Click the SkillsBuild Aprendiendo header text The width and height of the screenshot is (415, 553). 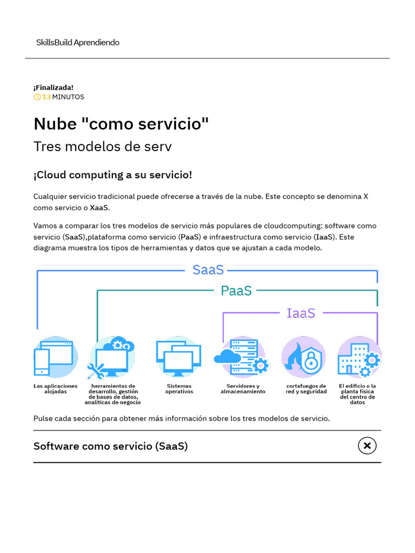click(x=77, y=42)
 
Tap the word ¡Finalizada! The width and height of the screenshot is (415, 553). click(x=53, y=87)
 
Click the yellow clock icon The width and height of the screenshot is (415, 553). click(x=37, y=97)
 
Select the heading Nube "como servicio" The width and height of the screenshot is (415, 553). click(x=121, y=124)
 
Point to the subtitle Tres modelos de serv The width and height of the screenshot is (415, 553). click(x=103, y=146)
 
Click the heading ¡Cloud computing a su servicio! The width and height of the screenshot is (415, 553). click(x=112, y=175)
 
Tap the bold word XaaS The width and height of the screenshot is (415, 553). click(x=99, y=207)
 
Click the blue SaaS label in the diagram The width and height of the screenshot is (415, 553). click(x=208, y=270)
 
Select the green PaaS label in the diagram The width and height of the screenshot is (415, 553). click(x=236, y=291)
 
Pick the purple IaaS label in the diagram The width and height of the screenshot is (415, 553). click(x=300, y=313)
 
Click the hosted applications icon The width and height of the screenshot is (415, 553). click(x=54, y=357)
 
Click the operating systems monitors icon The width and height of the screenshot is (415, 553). click(x=178, y=357)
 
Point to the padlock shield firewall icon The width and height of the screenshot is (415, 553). click(x=304, y=357)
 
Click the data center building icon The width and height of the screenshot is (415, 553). click(x=359, y=357)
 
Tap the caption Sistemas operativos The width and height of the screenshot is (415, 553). click(x=179, y=389)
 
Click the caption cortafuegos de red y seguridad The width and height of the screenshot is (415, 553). click(x=306, y=389)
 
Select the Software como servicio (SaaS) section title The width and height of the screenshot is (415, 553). click(x=111, y=446)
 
